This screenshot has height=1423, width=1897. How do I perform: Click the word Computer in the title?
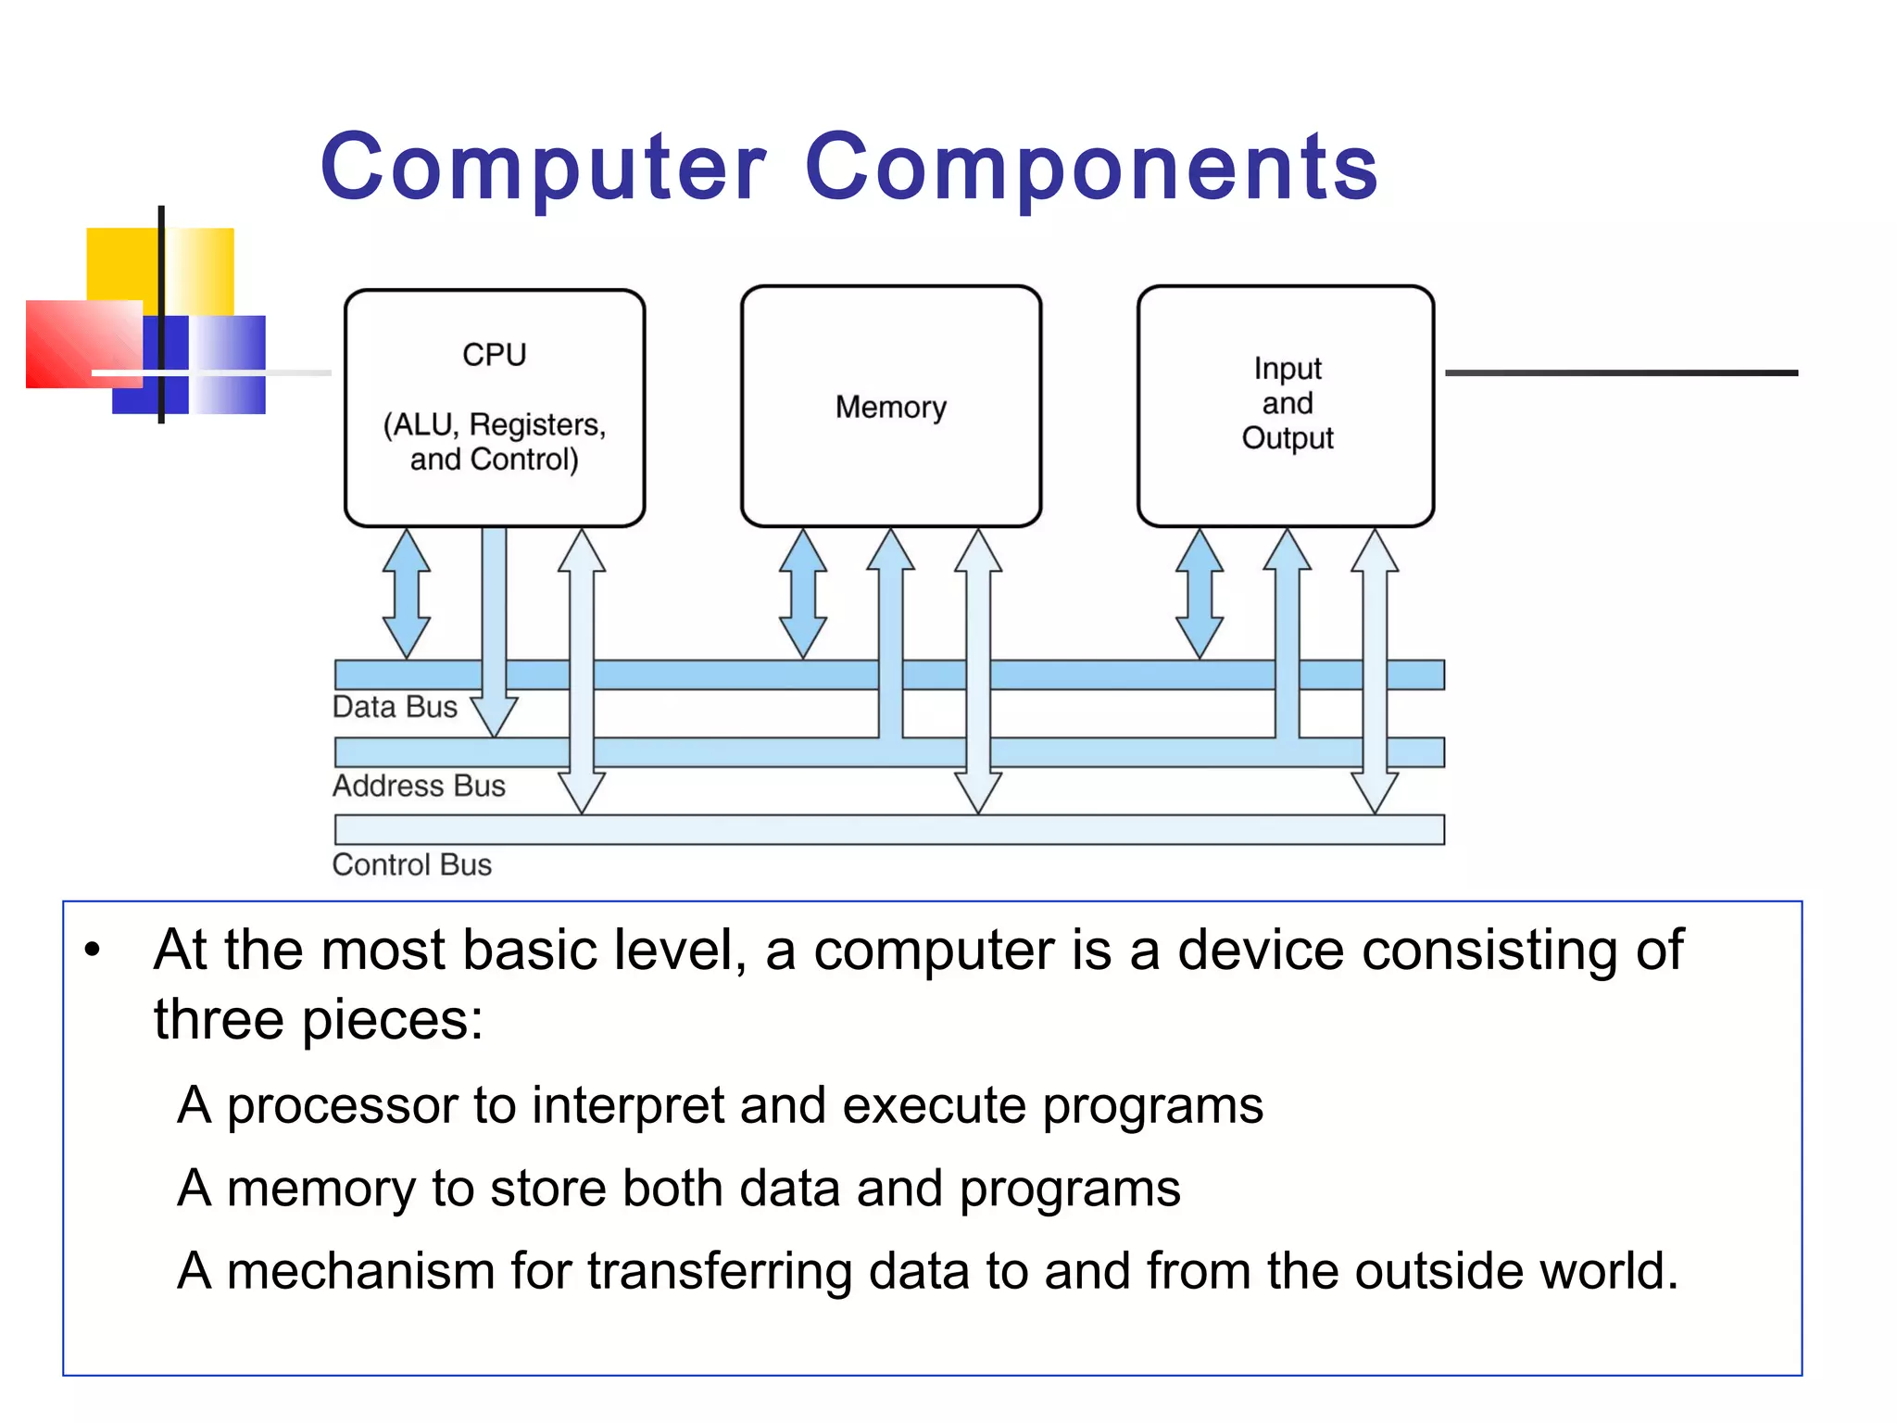click(544, 168)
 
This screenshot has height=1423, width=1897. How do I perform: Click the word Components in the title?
click(1092, 168)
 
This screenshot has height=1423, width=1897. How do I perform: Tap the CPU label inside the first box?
click(494, 355)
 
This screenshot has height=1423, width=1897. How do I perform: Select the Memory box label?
click(890, 408)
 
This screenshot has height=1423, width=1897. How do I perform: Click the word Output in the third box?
click(1287, 438)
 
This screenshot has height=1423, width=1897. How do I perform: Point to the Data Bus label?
click(395, 707)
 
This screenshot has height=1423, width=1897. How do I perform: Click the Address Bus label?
click(419, 786)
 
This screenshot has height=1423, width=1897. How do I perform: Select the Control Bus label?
click(411, 864)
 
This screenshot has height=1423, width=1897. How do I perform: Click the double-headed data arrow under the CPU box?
click(407, 594)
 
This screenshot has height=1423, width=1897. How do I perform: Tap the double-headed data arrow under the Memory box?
click(802, 594)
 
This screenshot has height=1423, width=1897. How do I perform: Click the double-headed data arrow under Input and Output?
click(1199, 594)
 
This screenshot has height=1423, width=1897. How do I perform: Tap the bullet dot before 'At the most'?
click(91, 951)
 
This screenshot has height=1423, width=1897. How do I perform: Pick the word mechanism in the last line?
click(360, 1271)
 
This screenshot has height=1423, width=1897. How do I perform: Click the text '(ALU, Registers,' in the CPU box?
click(494, 425)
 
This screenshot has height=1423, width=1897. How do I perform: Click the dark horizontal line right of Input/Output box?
click(1621, 372)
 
